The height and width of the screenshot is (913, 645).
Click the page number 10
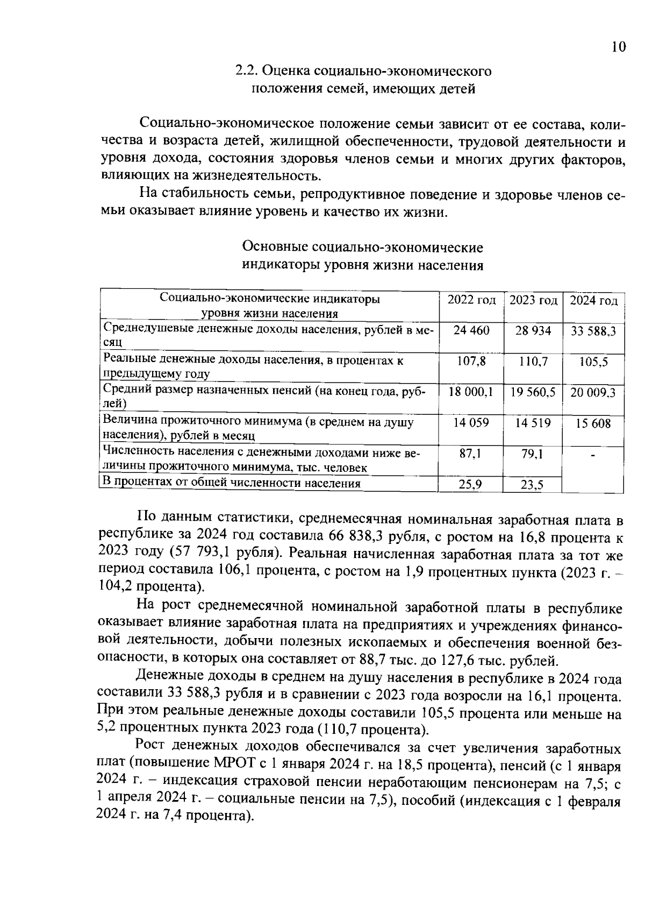(619, 47)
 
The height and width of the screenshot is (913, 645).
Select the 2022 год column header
(471, 300)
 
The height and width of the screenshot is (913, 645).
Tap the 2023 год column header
(533, 300)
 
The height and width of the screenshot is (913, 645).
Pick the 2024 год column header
(593, 301)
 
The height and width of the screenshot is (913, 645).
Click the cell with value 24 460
(471, 330)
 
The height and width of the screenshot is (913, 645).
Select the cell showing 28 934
(533, 331)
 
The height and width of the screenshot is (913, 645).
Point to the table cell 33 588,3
(593, 331)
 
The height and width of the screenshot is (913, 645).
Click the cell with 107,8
(471, 362)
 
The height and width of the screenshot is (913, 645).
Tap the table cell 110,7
(533, 362)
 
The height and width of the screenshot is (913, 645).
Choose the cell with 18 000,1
(471, 392)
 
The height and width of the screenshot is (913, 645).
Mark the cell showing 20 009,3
(593, 393)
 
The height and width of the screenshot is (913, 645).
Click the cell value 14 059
(471, 423)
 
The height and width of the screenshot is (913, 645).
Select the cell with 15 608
(593, 424)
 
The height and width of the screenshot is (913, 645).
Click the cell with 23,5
(532, 485)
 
